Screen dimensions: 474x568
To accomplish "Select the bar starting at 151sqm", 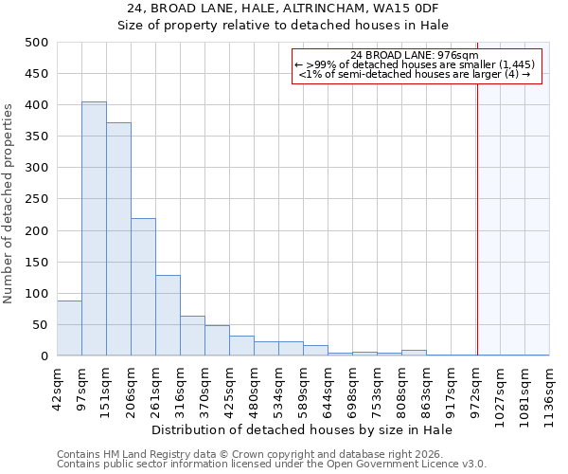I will click(118, 239).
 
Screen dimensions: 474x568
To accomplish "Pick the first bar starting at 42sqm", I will click(69, 328).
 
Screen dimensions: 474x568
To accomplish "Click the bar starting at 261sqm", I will click(168, 316).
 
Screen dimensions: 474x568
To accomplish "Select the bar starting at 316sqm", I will click(192, 336).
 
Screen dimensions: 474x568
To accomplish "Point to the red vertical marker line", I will click(477, 199).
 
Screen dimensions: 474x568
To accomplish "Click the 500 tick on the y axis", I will click(37, 43).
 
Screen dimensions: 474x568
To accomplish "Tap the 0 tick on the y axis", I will click(44, 356).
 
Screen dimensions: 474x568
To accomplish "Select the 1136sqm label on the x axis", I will click(550, 392).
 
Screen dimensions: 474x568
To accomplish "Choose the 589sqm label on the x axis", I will click(304, 389).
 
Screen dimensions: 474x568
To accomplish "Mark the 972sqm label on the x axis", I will click(476, 389).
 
